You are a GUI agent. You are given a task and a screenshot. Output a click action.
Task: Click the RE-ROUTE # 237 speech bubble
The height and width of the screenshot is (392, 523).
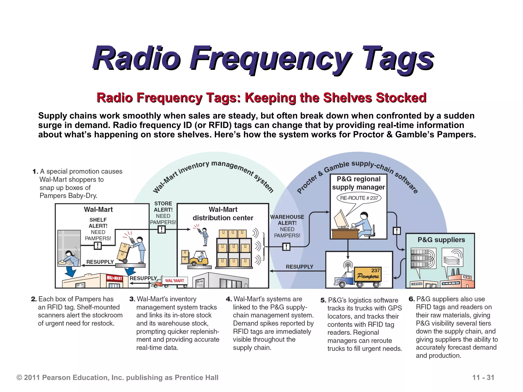tap(359, 198)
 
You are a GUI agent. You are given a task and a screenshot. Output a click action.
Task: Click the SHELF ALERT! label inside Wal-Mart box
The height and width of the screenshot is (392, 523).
tap(98, 223)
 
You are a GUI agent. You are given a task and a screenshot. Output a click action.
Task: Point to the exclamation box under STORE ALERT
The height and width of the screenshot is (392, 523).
tap(161, 229)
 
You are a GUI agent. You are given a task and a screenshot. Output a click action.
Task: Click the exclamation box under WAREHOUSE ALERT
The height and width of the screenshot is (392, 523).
tap(286, 247)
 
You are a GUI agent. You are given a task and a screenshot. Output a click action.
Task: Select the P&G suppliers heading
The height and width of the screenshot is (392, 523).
tap(441, 240)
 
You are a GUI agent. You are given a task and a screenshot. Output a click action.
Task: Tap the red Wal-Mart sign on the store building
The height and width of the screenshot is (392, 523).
tap(114, 278)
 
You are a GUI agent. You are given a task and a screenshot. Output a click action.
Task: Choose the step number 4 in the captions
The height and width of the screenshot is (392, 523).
tap(229, 299)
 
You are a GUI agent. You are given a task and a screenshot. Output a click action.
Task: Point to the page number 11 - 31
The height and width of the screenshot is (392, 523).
tap(483, 377)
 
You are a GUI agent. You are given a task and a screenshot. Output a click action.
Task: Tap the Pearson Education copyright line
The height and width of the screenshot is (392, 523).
tap(117, 378)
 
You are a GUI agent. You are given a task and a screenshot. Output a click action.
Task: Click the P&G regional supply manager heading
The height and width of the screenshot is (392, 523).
tap(358, 183)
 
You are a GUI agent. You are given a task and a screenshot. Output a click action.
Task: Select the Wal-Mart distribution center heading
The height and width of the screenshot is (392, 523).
tap(223, 214)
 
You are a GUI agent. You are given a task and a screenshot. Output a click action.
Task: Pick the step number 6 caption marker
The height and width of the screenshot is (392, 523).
tap(411, 299)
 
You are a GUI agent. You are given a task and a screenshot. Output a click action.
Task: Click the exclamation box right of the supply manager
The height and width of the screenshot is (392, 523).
tap(397, 231)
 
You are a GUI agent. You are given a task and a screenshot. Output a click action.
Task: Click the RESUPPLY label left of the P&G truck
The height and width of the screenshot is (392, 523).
tap(299, 267)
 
